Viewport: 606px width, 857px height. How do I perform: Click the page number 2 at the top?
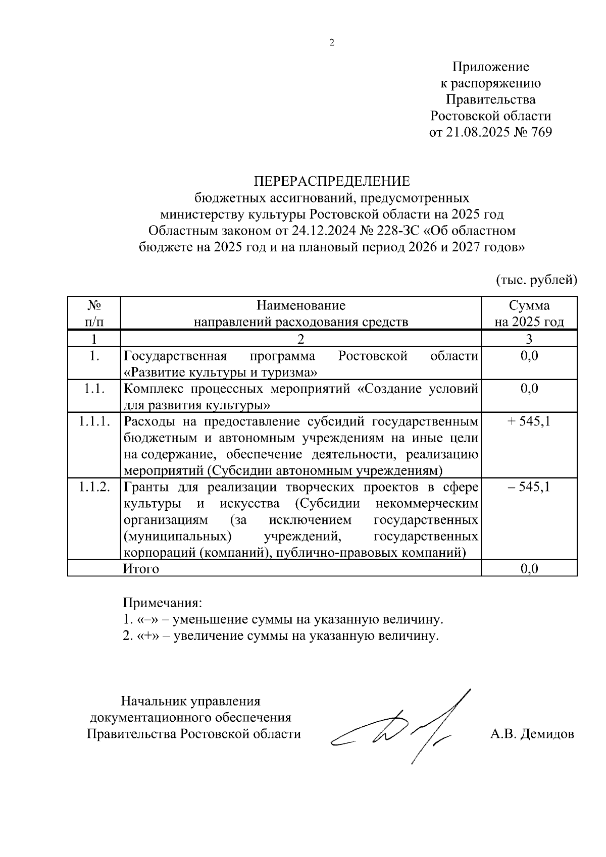[x=332, y=43]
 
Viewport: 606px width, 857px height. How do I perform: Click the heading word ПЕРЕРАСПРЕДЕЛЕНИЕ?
[x=332, y=181]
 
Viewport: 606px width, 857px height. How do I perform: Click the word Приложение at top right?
[x=490, y=67]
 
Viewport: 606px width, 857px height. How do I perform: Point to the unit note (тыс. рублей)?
[x=536, y=279]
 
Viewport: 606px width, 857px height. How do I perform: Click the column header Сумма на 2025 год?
[x=529, y=313]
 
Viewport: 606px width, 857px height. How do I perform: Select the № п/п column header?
[x=94, y=313]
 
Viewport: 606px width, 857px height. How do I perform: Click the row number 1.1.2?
[x=94, y=487]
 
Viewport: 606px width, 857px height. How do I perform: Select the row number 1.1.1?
[x=94, y=421]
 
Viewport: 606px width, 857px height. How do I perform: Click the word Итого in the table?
[x=141, y=569]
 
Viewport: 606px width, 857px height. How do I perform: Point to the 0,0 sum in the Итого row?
[x=529, y=569]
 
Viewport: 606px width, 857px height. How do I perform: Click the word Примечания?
[x=162, y=603]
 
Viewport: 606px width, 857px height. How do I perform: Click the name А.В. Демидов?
[x=532, y=733]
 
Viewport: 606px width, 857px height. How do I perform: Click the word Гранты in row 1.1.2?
[x=147, y=487]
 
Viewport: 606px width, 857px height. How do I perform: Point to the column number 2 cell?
[x=301, y=338]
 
